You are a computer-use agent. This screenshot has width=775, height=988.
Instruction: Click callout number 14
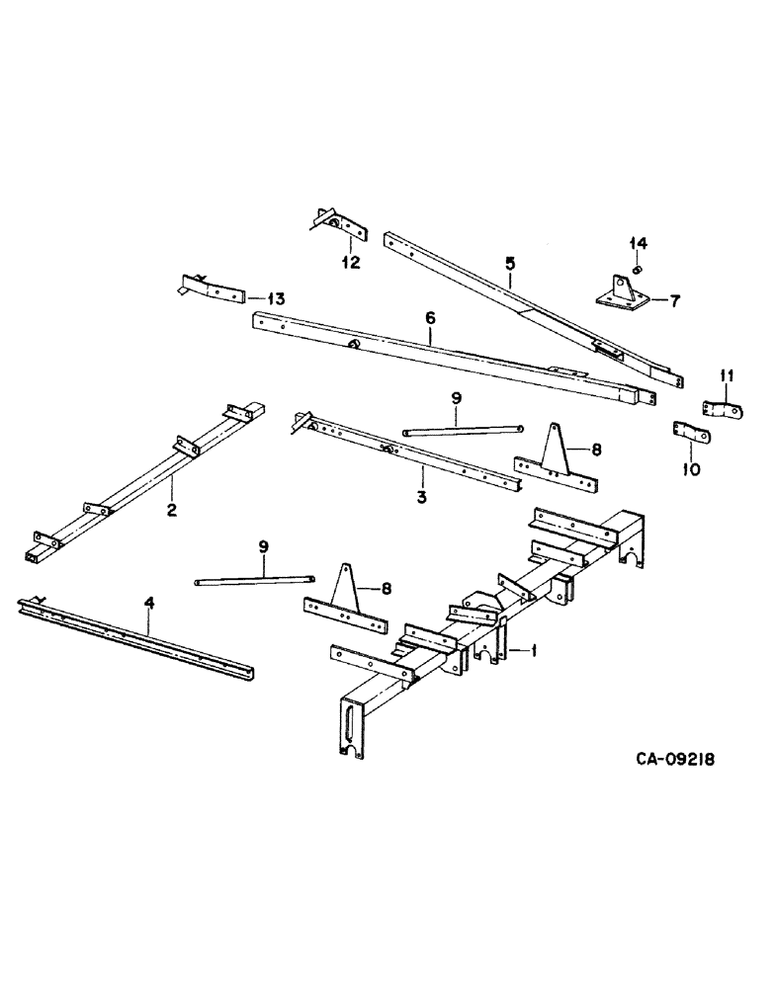coord(639,243)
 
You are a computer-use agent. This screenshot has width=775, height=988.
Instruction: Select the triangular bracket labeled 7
coord(622,293)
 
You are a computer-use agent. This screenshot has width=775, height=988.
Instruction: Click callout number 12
coord(351,263)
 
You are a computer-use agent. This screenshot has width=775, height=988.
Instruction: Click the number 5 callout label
coord(510,264)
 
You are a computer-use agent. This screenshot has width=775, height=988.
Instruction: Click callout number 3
coord(421,497)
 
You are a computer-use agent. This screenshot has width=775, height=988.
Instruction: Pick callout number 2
coord(171,511)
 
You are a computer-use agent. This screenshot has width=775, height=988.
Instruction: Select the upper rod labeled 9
coord(462,430)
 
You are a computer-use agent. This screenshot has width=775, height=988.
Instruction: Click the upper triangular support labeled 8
coord(555,460)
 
